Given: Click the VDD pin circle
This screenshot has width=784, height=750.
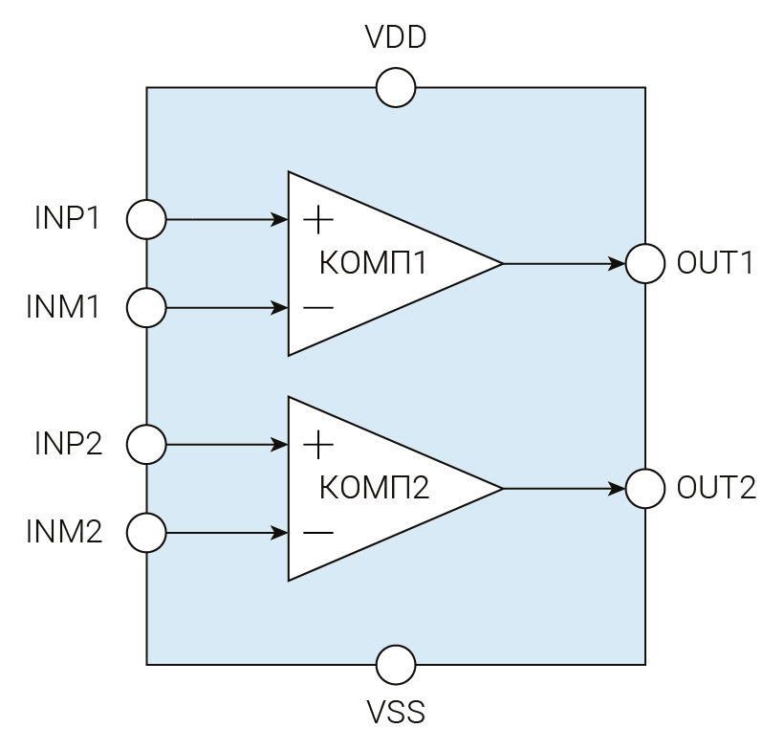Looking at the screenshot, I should tap(396, 88).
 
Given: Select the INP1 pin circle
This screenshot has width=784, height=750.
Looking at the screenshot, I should tap(146, 219).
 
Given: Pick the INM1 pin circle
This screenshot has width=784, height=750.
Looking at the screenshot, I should tap(146, 308).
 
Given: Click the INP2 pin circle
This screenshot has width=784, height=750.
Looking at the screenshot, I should tap(146, 445).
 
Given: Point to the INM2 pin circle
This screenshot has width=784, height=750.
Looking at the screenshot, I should tap(146, 533).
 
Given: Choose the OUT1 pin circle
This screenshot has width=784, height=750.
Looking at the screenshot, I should tap(645, 263).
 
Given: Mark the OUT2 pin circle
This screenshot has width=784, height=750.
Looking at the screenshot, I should tap(645, 489).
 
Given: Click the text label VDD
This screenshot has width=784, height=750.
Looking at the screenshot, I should tap(396, 38).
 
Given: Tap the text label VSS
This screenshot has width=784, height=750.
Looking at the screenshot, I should tap(396, 713).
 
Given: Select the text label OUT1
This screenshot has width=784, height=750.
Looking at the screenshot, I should tap(715, 263).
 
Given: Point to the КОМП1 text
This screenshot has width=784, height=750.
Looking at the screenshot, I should tap(373, 263).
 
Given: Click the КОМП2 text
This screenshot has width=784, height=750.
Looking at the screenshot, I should tap(373, 489).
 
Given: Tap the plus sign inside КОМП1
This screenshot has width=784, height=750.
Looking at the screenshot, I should tap(318, 220).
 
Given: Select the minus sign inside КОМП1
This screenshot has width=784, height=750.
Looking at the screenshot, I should tap(318, 308).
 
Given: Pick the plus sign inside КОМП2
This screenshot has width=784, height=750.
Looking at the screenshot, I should tap(318, 445).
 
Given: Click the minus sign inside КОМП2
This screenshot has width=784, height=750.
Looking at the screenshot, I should tap(318, 533).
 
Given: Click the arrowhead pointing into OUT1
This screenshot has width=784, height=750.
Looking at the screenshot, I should tap(618, 263).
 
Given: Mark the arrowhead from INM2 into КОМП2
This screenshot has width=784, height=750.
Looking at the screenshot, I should tap(281, 533).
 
